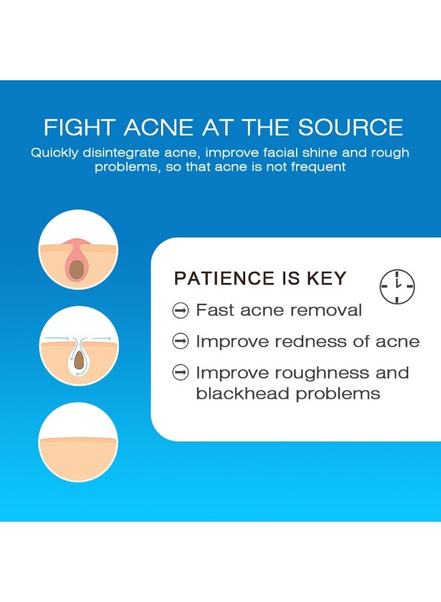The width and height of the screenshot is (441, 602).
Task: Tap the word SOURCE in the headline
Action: pyautogui.click(x=351, y=127)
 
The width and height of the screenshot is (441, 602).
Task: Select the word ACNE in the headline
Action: pyautogui.click(x=159, y=127)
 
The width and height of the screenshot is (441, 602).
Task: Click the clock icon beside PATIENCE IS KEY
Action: pyautogui.click(x=398, y=286)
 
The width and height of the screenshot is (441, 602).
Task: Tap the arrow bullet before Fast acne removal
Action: pyautogui.click(x=180, y=310)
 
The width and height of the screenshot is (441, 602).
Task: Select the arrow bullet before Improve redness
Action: pyautogui.click(x=180, y=341)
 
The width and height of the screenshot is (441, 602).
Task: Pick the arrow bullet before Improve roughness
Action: pyautogui.click(x=180, y=373)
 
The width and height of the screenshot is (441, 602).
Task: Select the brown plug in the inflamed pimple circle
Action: pyautogui.click(x=77, y=269)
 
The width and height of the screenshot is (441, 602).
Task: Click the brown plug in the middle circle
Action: pyautogui.click(x=79, y=360)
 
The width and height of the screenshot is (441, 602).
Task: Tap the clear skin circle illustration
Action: pyautogui.click(x=78, y=442)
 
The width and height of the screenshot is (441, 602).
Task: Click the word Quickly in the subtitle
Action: pyautogui.click(x=55, y=153)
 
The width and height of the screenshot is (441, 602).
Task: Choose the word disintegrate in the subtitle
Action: pyautogui.click(x=121, y=153)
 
